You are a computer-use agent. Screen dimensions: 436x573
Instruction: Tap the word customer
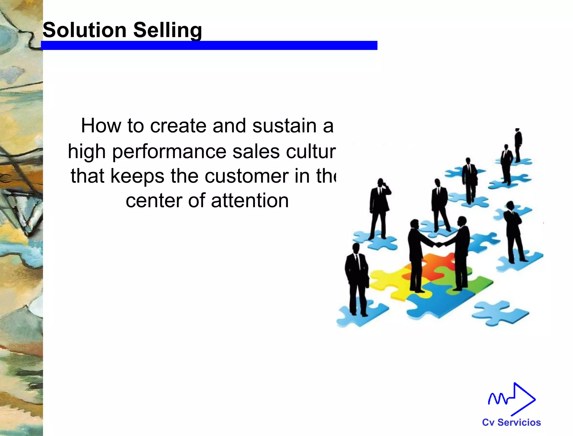tap(246, 176)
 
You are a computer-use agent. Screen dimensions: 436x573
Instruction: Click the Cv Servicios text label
tap(511, 422)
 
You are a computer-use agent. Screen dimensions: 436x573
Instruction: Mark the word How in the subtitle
tap(101, 125)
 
